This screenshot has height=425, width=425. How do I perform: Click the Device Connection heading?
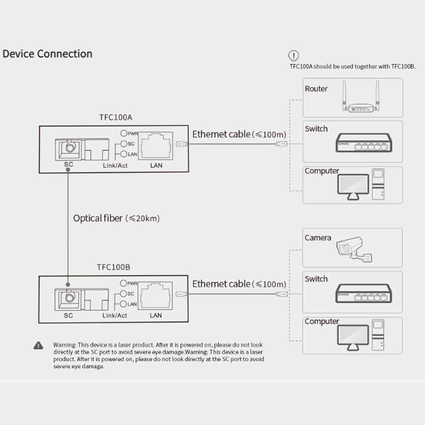click(x=47, y=54)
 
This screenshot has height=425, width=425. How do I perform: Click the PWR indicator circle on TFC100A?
click(x=124, y=133)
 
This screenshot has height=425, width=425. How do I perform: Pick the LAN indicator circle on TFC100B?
click(x=124, y=304)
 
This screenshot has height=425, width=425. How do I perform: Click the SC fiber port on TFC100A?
click(x=68, y=148)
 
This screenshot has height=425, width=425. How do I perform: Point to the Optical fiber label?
click(x=116, y=218)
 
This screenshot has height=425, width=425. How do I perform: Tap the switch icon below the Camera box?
click(x=364, y=293)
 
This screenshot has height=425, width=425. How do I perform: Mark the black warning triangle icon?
click(x=38, y=346)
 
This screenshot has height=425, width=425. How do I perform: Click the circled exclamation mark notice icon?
click(x=294, y=55)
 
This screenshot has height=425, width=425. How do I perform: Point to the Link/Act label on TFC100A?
click(x=115, y=165)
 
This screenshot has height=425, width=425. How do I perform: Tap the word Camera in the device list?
click(x=317, y=238)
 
